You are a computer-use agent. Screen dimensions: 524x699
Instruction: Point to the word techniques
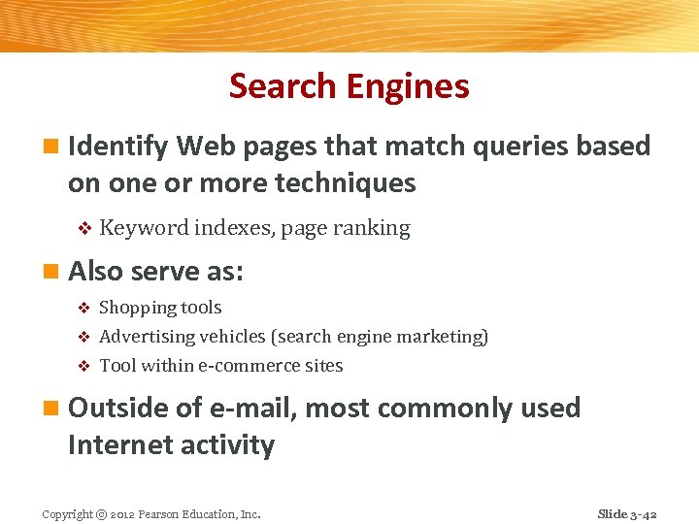[345, 182]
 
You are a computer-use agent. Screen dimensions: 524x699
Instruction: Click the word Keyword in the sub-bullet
[144, 228]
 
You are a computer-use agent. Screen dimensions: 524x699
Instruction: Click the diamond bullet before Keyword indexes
[83, 229]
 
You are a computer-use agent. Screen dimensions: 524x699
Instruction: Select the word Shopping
[136, 308]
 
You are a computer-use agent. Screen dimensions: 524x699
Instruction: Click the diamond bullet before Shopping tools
[83, 309]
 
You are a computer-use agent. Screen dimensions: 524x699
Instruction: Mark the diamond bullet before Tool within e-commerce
[83, 367]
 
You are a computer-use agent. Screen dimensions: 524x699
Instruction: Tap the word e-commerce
[248, 366]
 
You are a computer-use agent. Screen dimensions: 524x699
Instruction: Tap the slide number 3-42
[644, 514]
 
